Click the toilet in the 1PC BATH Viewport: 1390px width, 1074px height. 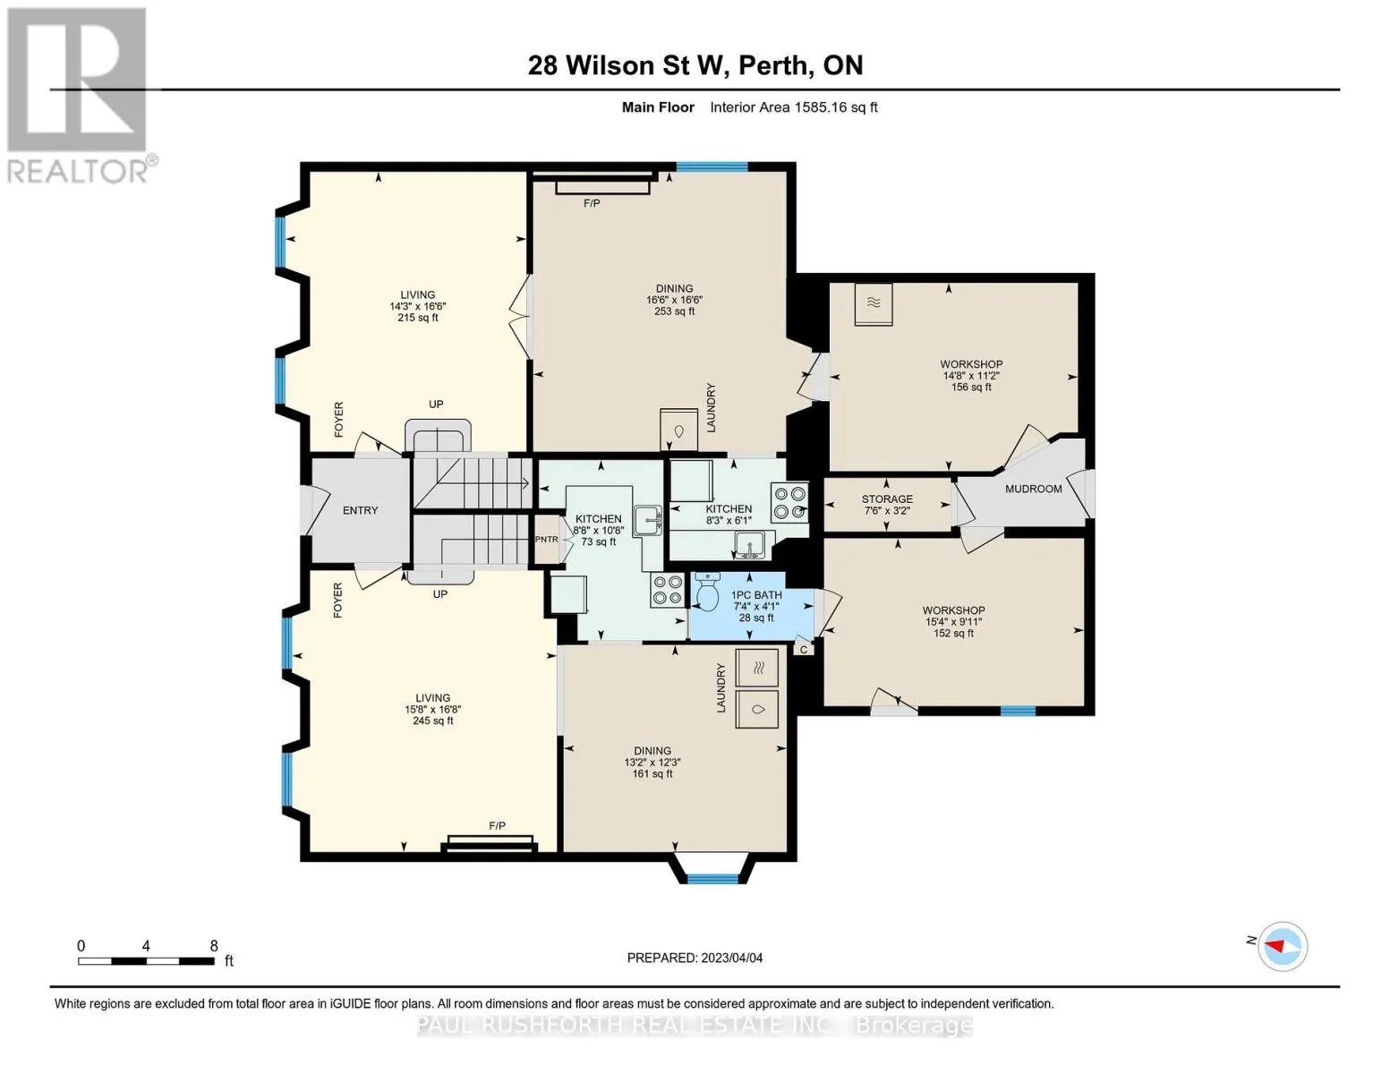point(707,592)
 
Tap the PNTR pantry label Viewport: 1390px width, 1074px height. point(546,540)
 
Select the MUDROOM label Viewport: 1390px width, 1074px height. point(1033,489)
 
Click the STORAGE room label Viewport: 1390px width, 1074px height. point(887,499)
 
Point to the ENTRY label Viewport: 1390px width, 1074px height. point(360,510)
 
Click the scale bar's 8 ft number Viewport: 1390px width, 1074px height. point(214,945)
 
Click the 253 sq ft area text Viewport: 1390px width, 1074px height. point(674,311)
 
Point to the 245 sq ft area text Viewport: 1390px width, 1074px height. point(433,720)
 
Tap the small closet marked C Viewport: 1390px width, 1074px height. point(804,649)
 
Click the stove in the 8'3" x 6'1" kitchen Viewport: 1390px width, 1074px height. point(789,503)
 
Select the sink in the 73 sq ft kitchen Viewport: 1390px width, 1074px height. point(647,520)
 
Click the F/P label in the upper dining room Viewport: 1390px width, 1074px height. point(592,203)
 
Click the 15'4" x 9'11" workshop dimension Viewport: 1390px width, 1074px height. point(953,622)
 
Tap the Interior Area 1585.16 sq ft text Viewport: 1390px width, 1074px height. point(793,107)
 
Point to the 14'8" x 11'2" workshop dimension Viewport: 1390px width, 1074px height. point(971,376)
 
